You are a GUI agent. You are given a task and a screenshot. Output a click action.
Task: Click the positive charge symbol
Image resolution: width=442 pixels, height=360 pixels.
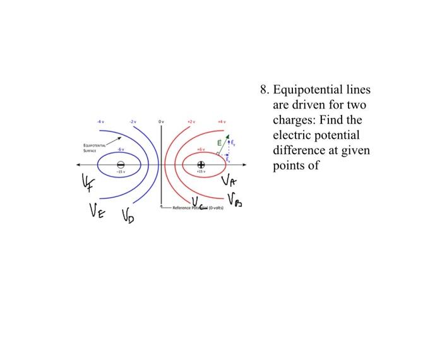(x=200, y=165)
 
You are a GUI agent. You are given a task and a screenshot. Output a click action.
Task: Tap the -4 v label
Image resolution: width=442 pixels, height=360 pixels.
(x=99, y=121)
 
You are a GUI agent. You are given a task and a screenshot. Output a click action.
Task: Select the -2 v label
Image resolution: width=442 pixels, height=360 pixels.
(x=132, y=121)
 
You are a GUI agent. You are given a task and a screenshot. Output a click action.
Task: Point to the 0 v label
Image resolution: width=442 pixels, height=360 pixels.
(x=161, y=121)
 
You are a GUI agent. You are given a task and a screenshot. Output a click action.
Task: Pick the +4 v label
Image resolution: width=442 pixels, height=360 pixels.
(x=221, y=121)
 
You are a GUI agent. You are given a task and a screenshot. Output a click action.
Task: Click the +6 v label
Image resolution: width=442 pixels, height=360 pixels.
(x=201, y=150)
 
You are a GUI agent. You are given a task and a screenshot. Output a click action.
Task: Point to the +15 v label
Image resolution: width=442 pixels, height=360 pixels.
(x=201, y=174)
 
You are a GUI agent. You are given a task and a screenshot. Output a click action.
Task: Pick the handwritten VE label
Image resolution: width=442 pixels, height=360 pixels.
(x=95, y=212)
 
